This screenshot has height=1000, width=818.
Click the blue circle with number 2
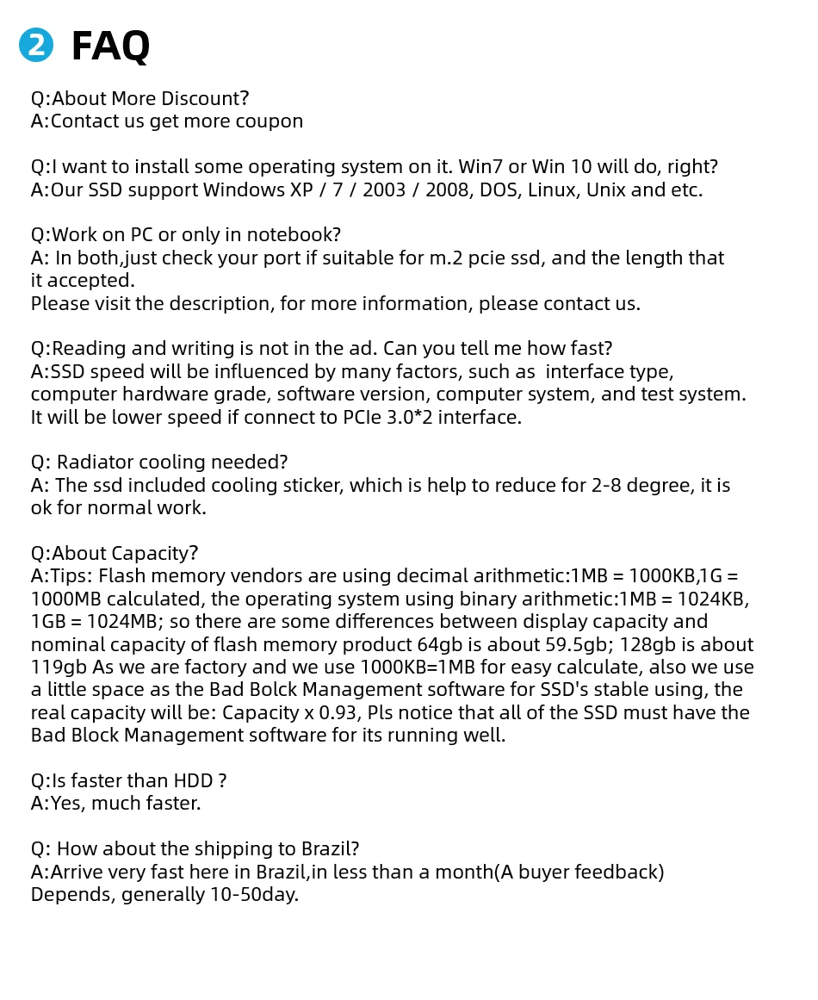point(36,46)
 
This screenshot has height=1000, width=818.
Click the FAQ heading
point(110,46)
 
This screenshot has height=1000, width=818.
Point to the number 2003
point(384,189)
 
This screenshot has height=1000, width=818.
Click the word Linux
point(552,189)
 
